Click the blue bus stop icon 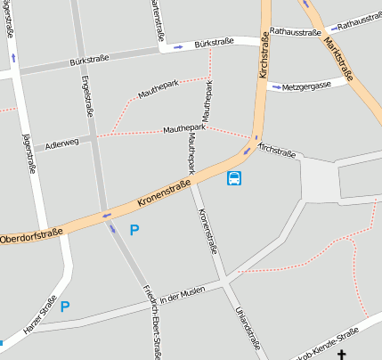[x=234, y=178]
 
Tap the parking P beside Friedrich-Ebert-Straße [x=134, y=230]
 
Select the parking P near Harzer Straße [x=64, y=306]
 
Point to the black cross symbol [x=340, y=354]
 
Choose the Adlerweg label [x=61, y=141]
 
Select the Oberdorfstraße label [x=31, y=236]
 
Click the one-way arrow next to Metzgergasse [x=276, y=87]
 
